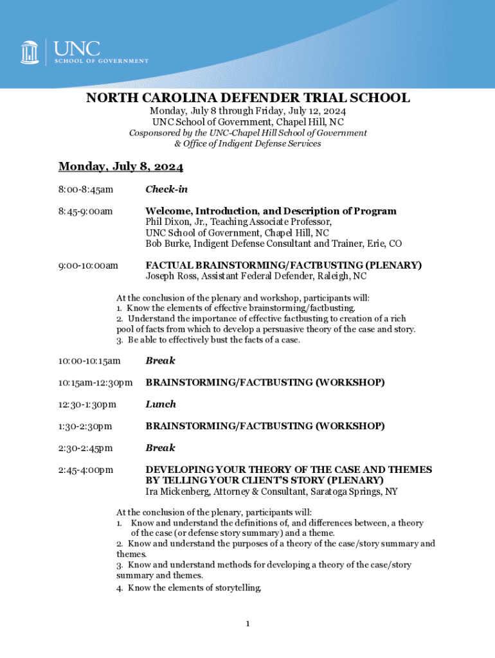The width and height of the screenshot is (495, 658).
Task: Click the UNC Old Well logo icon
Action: click(30, 51)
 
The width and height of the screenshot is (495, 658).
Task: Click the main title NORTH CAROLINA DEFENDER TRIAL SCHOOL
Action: click(248, 98)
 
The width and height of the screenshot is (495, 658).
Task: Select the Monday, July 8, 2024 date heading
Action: click(121, 167)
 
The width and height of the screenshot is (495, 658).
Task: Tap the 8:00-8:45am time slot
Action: click(85, 190)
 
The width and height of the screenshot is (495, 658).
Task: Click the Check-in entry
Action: click(166, 190)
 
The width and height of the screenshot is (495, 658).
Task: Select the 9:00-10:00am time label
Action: click(88, 265)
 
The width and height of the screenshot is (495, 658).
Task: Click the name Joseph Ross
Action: click(172, 276)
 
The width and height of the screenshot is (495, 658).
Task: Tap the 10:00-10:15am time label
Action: click(89, 361)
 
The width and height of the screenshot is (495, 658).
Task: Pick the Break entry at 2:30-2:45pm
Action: click(160, 448)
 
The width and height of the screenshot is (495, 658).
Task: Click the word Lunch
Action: click(161, 404)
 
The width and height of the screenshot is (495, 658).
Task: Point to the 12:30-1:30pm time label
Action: click(87, 405)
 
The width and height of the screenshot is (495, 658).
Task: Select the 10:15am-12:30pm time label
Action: click(95, 383)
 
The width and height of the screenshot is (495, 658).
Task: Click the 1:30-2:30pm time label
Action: click(85, 427)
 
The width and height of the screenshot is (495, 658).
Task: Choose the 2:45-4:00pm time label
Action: click(85, 470)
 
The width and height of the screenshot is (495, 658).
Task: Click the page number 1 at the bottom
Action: click(248, 623)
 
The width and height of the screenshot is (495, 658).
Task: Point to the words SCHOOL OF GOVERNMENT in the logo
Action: click(101, 61)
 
